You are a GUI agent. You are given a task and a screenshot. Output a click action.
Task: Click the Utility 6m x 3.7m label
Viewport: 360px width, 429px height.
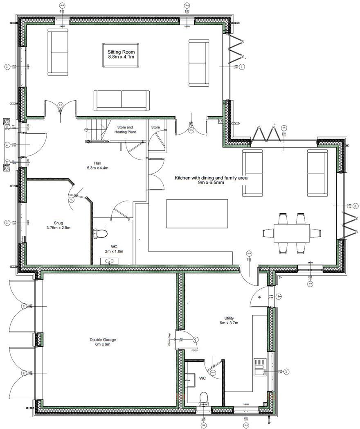click(x=229, y=320)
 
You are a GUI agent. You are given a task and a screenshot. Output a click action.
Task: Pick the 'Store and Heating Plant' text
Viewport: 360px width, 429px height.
click(x=125, y=129)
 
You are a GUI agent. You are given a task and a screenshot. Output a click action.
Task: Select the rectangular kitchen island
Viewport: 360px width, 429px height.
click(x=197, y=213)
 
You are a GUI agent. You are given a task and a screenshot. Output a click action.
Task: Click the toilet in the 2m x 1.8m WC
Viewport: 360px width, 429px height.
click(x=100, y=233)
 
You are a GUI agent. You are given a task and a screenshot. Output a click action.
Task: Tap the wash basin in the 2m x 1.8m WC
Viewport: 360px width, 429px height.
click(x=109, y=261)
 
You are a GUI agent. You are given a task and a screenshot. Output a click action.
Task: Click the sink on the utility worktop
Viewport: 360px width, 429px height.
click(x=260, y=367)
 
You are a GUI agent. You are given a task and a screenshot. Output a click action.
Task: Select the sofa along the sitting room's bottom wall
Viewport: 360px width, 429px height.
click(x=121, y=100)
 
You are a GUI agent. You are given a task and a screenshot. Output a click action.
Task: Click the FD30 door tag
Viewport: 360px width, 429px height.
click(x=194, y=351)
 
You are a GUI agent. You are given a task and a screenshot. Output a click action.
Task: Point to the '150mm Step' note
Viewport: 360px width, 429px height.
click(x=169, y=339)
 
